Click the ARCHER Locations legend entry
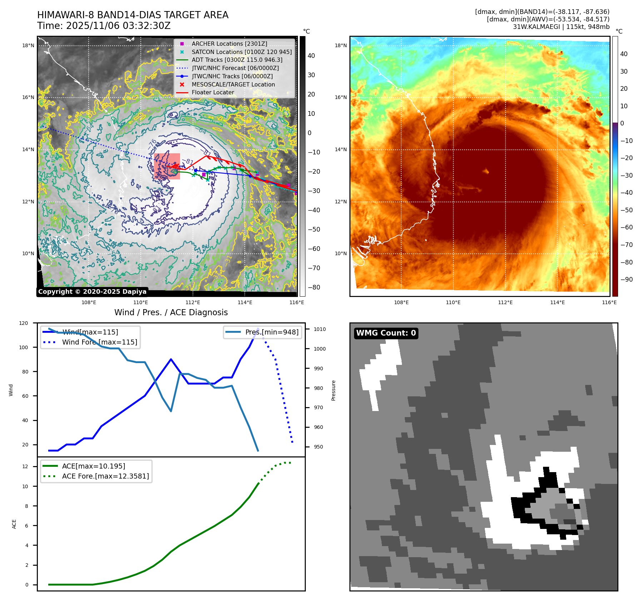pyautogui.click(x=229, y=44)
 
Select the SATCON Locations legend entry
pyautogui.click(x=241, y=52)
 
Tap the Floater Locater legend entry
pyautogui.click(x=213, y=92)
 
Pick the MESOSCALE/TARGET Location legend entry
pyautogui.click(x=233, y=84)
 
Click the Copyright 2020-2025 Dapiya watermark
pyautogui.click(x=92, y=292)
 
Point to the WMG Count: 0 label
pyautogui.click(x=386, y=333)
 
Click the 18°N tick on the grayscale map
pyautogui.click(x=28, y=45)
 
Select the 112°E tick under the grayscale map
pyautogui.click(x=193, y=302)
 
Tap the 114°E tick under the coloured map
pyautogui.click(x=557, y=302)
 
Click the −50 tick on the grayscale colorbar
pyautogui.click(x=314, y=229)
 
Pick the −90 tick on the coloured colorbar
pyautogui.click(x=626, y=279)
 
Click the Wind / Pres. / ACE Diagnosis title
pyautogui.click(x=171, y=312)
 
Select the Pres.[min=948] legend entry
pyautogui.click(x=272, y=332)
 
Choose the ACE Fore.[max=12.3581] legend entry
pyautogui.click(x=105, y=476)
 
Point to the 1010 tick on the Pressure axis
pyautogui.click(x=320, y=329)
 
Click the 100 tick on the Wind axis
pyautogui.click(x=24, y=347)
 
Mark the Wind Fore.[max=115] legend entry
pyautogui.click(x=99, y=342)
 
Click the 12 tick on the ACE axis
pyautogui.click(x=25, y=466)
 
